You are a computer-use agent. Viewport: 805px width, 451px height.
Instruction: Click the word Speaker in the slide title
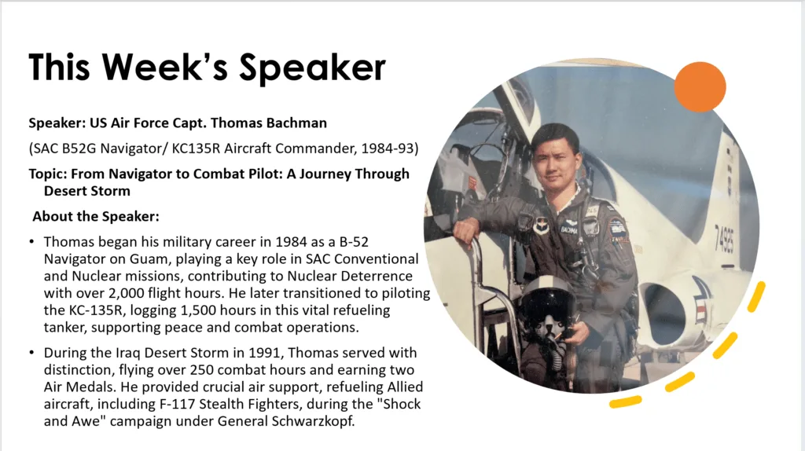click(312, 68)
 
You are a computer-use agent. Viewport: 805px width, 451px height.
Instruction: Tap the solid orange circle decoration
click(700, 86)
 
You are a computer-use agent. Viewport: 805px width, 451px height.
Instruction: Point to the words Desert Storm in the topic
click(86, 191)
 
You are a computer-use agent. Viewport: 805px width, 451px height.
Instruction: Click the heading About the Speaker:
click(96, 217)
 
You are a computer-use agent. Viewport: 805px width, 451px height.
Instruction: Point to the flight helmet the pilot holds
click(546, 308)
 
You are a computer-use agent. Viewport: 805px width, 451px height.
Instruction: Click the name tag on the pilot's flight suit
click(569, 229)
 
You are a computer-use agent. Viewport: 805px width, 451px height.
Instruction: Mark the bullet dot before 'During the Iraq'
click(31, 353)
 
